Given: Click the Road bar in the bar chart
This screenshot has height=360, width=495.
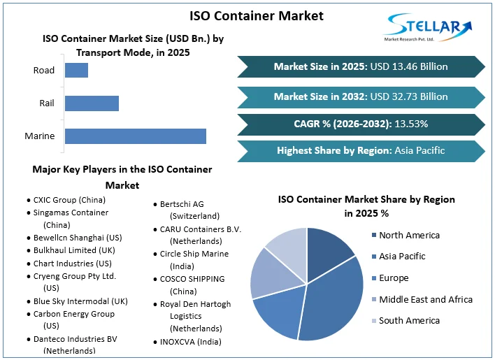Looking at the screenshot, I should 76,70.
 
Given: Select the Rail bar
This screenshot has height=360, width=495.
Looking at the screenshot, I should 92,103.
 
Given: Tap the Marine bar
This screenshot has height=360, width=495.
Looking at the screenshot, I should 135,136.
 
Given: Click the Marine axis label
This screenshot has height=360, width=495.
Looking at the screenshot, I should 39,136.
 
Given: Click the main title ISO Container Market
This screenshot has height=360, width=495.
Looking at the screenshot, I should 247,15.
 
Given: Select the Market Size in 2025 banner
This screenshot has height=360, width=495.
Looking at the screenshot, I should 361,67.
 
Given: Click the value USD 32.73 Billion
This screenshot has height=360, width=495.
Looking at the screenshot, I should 410,96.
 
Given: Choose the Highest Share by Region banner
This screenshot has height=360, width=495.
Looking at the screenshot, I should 361,150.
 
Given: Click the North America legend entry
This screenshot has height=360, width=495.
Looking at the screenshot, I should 409,236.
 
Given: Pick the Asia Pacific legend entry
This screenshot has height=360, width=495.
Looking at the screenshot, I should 402,257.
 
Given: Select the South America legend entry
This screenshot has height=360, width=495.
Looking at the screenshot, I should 409,321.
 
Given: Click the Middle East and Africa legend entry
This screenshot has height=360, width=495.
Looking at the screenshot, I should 426,299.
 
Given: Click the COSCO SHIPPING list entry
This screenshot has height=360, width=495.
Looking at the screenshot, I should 192,279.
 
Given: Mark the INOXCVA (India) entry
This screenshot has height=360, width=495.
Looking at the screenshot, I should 191,342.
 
